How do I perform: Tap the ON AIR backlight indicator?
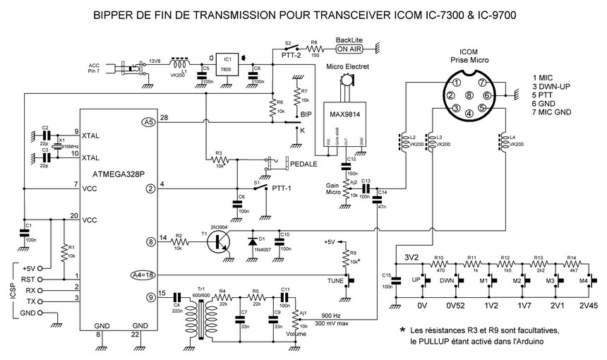click(x=351, y=49)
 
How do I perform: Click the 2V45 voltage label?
click(x=588, y=306)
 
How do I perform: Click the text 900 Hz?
click(x=332, y=315)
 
